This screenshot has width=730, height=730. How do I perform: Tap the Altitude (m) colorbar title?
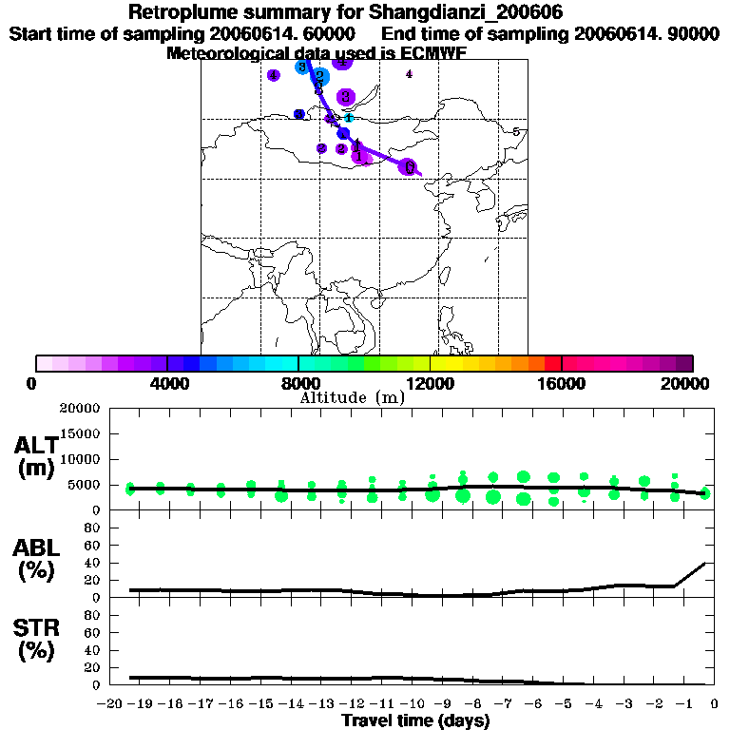352,397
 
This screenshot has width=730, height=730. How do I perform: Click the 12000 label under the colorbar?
432,383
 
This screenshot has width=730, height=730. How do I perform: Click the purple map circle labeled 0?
409,167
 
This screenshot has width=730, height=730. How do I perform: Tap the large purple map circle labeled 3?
346,96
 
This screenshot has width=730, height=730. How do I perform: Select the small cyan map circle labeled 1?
349,118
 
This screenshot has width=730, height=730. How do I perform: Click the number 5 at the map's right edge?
516,132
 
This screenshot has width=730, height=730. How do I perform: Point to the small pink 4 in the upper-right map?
410,74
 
